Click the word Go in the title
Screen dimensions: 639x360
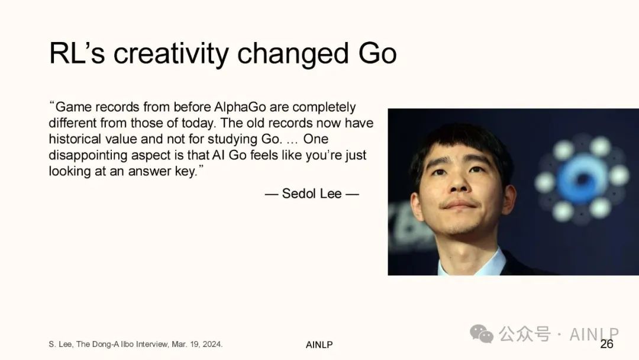point(377,53)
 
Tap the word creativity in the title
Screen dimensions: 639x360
point(171,54)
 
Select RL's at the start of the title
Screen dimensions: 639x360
point(76,53)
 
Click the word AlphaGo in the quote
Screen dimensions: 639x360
point(240,107)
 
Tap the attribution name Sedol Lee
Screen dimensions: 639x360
point(312,193)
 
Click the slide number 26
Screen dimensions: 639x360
point(606,344)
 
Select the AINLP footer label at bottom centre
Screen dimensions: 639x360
point(319,345)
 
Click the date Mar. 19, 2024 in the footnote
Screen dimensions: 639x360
point(197,344)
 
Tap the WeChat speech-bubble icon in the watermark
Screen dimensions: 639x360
point(482,333)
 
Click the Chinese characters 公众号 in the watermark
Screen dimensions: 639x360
point(525,334)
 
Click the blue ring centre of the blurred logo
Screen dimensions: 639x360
point(582,179)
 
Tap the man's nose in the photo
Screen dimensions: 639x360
point(459,182)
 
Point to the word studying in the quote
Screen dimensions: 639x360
point(233,140)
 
